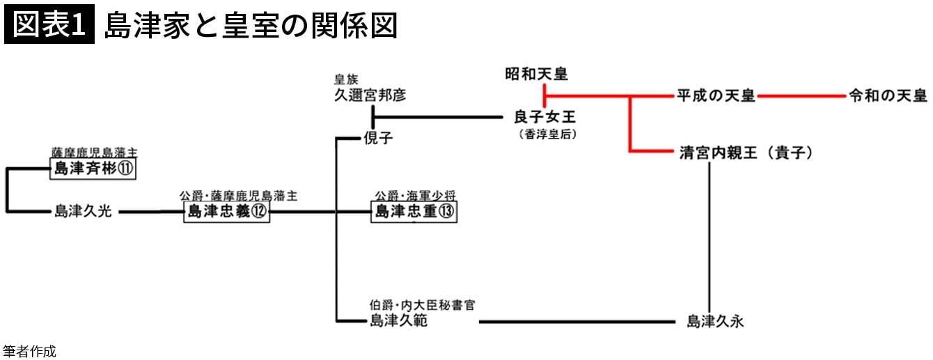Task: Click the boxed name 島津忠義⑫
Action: [x=226, y=212]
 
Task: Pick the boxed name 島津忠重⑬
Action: [x=414, y=212]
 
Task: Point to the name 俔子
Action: [x=378, y=139]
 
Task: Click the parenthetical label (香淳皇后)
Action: [x=545, y=134]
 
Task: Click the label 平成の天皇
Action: [x=716, y=96]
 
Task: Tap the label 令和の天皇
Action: [x=887, y=96]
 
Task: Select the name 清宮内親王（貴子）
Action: [x=746, y=153]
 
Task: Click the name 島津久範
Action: [x=398, y=321]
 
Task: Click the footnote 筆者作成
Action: [x=29, y=352]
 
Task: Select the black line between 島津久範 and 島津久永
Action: [x=578, y=322]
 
